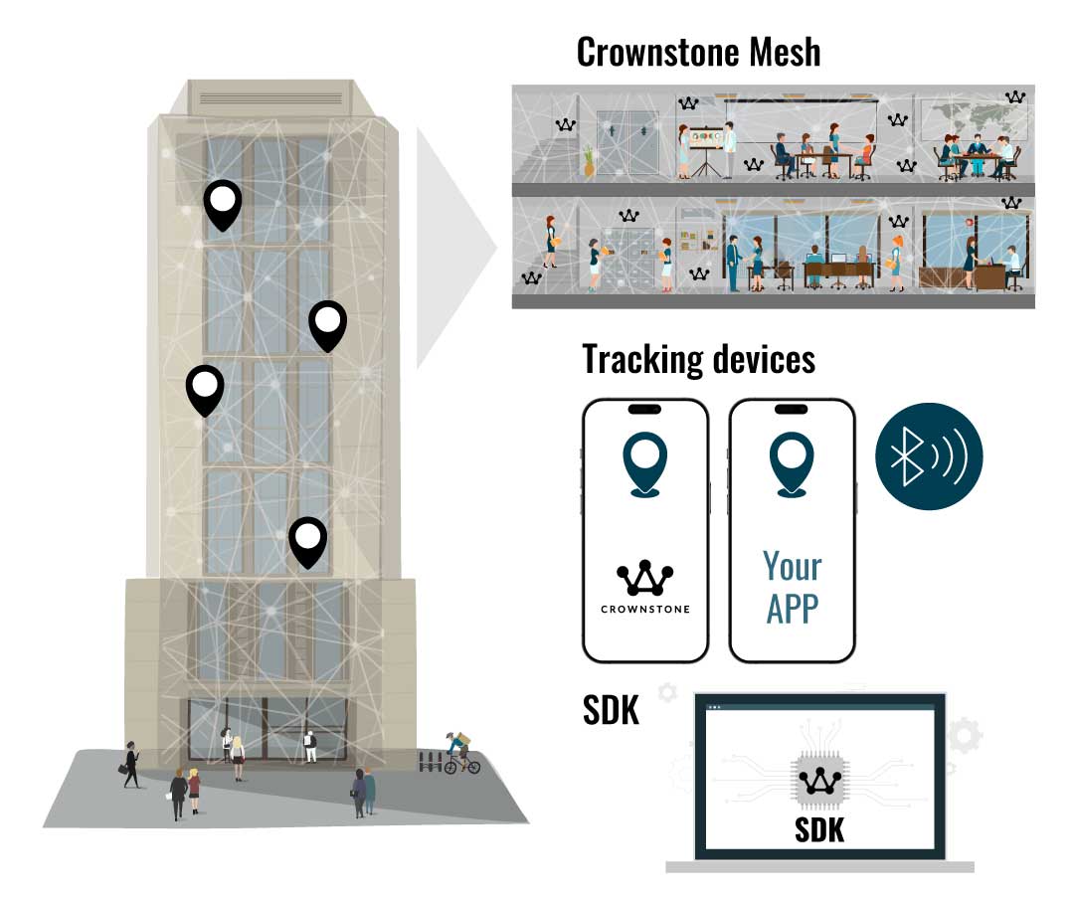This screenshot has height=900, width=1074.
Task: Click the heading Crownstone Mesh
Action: pos(699,52)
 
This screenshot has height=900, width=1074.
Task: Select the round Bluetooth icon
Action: pos(929,455)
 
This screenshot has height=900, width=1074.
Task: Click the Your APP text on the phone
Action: pos(793,586)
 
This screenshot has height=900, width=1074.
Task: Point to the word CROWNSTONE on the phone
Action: pos(645,609)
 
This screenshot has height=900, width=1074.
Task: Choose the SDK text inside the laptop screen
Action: pos(819,829)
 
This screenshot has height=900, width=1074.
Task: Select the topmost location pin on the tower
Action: pos(223,204)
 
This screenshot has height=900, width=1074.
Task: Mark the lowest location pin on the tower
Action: pos(308,541)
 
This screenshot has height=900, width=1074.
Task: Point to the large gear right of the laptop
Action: pos(963,736)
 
